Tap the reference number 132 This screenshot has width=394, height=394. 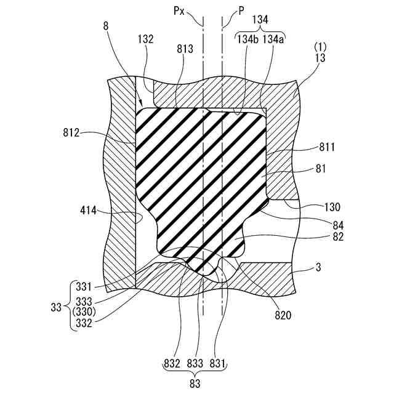tap(145, 38)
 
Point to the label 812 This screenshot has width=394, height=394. tap(73, 132)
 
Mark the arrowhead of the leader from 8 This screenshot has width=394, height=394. tap(141, 104)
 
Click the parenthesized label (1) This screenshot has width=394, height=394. tap(321, 47)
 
